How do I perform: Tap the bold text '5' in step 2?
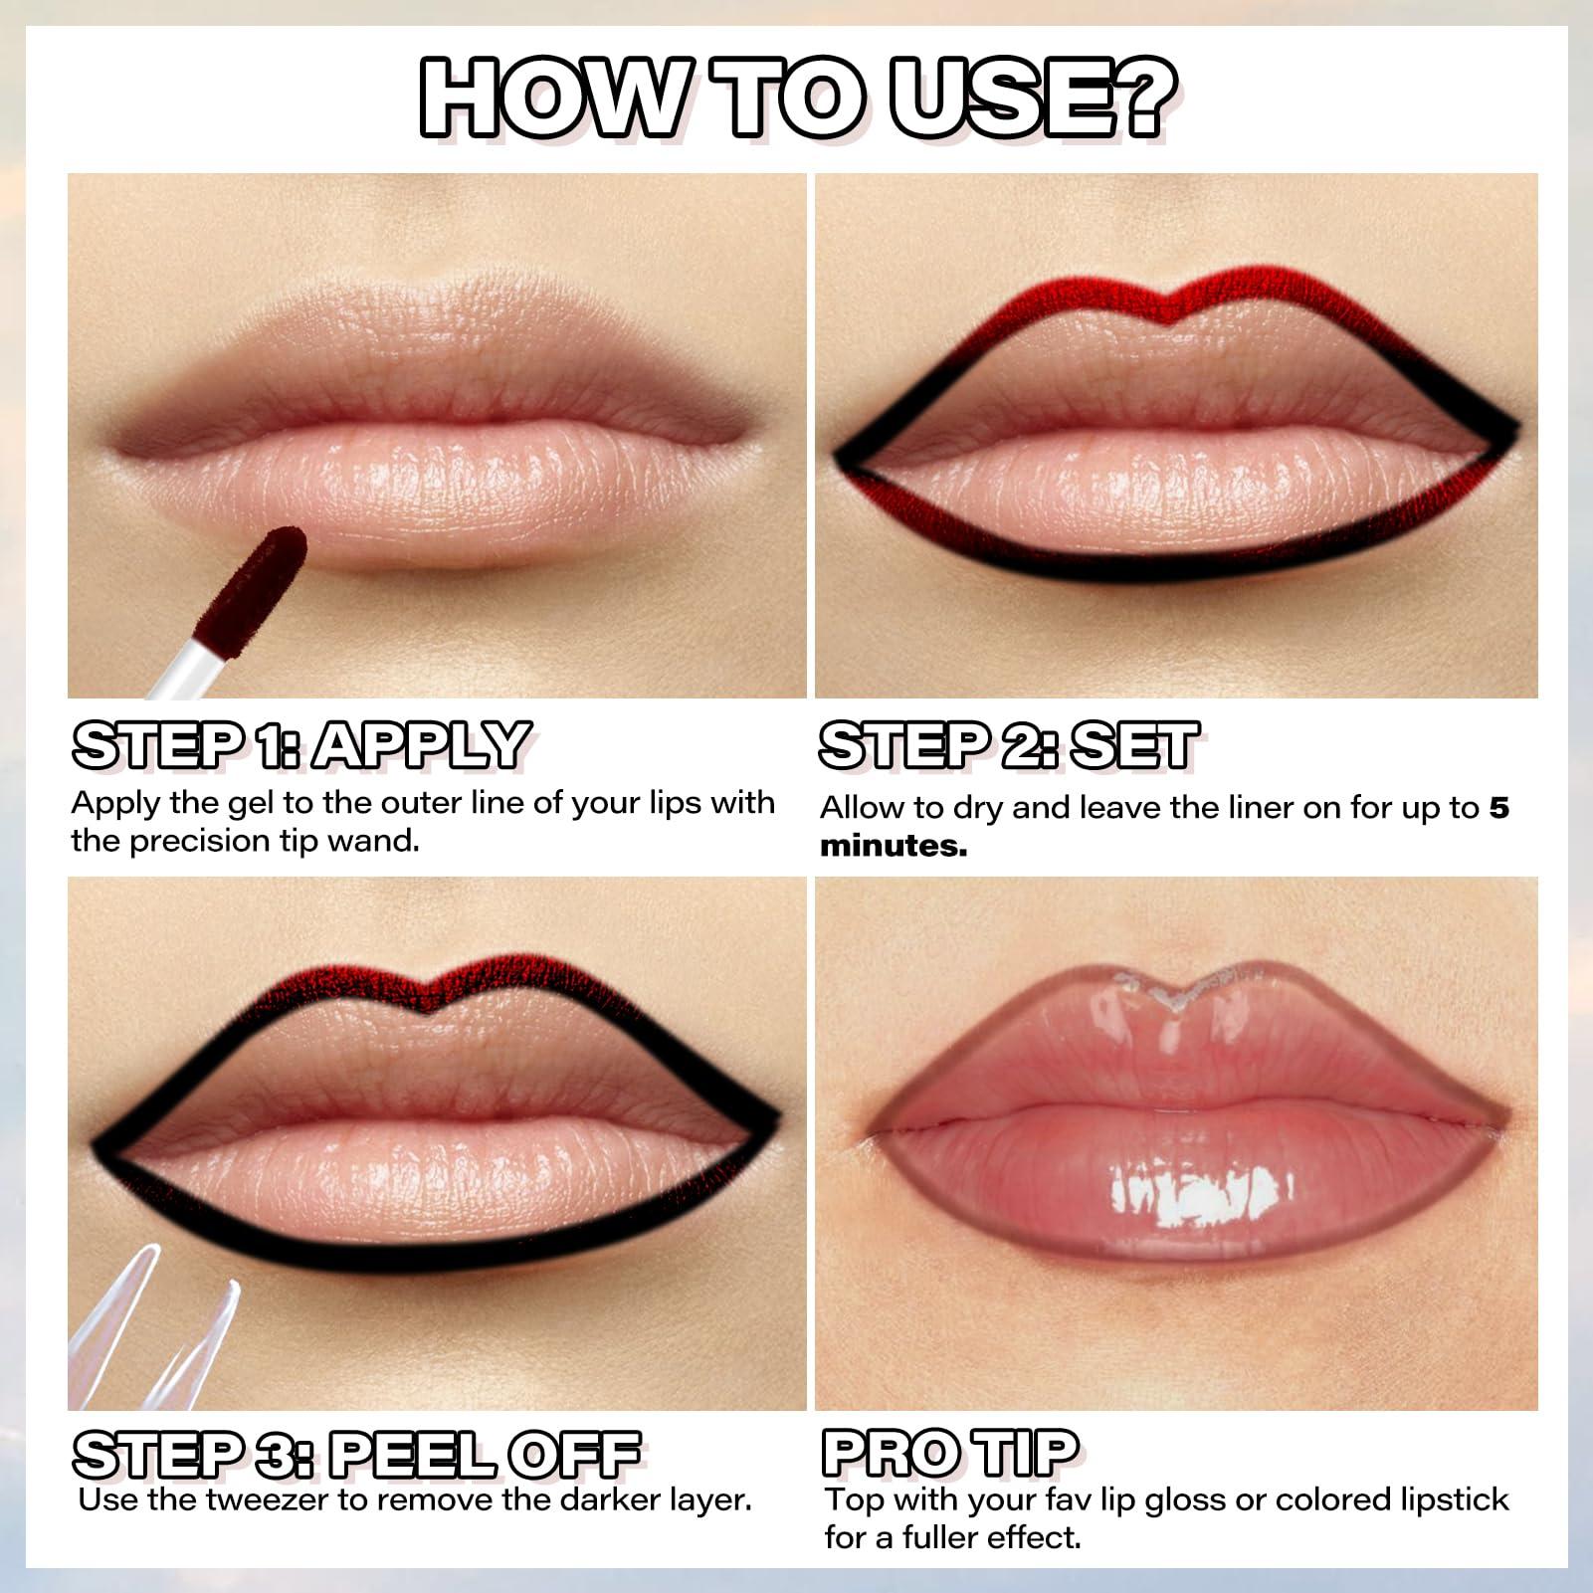(x=1498, y=807)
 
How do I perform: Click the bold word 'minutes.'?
(x=893, y=846)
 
